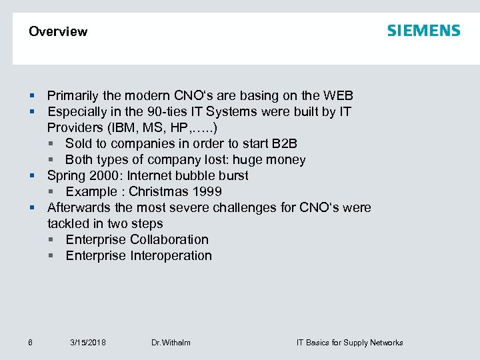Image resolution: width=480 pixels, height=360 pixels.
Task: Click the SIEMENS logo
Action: pyautogui.click(x=423, y=31)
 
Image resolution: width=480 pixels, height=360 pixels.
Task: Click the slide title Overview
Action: pyautogui.click(x=58, y=31)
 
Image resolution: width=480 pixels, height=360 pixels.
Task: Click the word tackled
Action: pyautogui.click(x=68, y=224)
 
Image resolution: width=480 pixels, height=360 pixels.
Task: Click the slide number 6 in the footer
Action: pyautogui.click(x=31, y=343)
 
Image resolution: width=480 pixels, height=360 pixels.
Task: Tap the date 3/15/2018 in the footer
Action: pyautogui.click(x=87, y=343)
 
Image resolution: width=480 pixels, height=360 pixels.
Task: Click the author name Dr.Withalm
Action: pyautogui.click(x=171, y=343)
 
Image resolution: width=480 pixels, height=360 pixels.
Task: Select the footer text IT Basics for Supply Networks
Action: pyautogui.click(x=349, y=343)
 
